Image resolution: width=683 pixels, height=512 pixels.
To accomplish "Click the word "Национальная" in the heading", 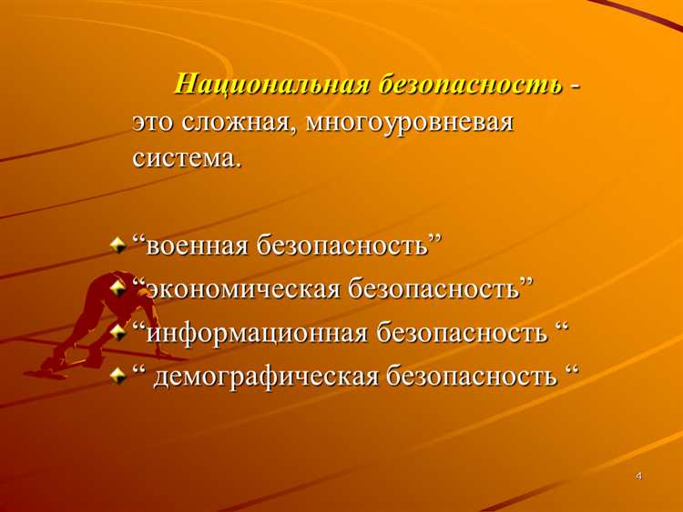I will click(x=270, y=85).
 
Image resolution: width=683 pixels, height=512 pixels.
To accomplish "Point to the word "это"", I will click(x=154, y=122).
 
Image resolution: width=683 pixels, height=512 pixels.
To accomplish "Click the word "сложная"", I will click(x=236, y=122).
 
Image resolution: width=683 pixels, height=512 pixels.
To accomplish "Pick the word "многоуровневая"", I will click(x=410, y=122).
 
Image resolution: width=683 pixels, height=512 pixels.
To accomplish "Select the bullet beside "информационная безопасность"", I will click(x=117, y=330).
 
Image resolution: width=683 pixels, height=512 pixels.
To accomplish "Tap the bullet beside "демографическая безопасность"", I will click(x=117, y=373).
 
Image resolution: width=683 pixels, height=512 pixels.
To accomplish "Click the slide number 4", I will click(x=639, y=477).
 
